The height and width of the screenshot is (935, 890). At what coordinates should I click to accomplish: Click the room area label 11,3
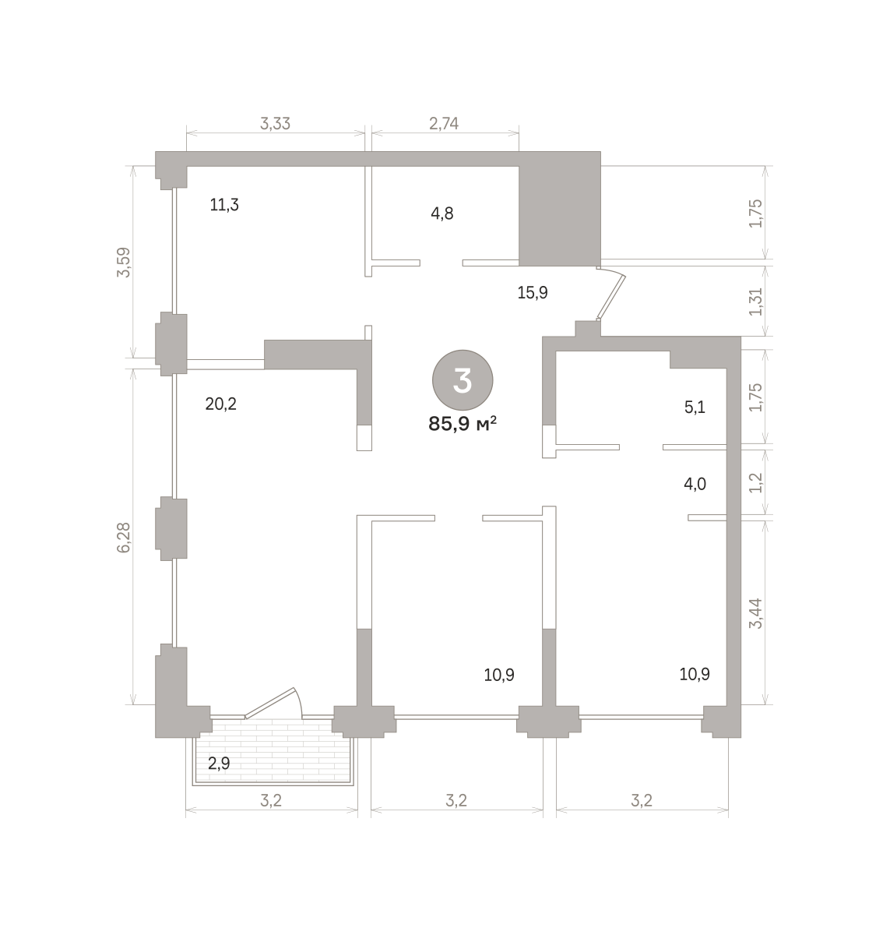[x=224, y=205]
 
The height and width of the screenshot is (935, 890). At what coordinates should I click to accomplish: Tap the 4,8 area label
[x=441, y=213]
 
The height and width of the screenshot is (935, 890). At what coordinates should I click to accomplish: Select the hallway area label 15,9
[x=533, y=292]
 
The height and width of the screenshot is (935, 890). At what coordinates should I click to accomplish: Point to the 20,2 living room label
[x=220, y=404]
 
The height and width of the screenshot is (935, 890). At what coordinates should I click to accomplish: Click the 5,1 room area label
[x=695, y=407]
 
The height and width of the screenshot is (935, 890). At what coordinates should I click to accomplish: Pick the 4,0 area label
[x=695, y=484]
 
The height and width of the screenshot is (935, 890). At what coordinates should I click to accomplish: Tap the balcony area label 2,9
[x=219, y=764]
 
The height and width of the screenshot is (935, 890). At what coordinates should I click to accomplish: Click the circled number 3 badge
[x=462, y=380]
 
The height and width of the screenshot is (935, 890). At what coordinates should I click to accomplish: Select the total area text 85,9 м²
[x=463, y=423]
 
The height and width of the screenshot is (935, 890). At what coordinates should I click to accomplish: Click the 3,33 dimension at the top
[x=275, y=124]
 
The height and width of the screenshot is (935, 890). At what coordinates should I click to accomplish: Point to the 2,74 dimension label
[x=444, y=124]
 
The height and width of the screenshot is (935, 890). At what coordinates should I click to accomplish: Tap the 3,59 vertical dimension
[x=124, y=262]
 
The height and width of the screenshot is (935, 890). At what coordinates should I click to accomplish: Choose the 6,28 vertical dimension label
[x=124, y=538]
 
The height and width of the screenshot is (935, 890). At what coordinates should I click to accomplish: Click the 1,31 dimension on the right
[x=755, y=302]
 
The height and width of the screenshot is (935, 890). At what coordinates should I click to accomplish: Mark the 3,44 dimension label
[x=755, y=613]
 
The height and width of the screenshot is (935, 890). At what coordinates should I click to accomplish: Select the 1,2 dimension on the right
[x=755, y=483]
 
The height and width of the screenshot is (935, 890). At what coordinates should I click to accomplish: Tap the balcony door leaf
[x=270, y=703]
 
